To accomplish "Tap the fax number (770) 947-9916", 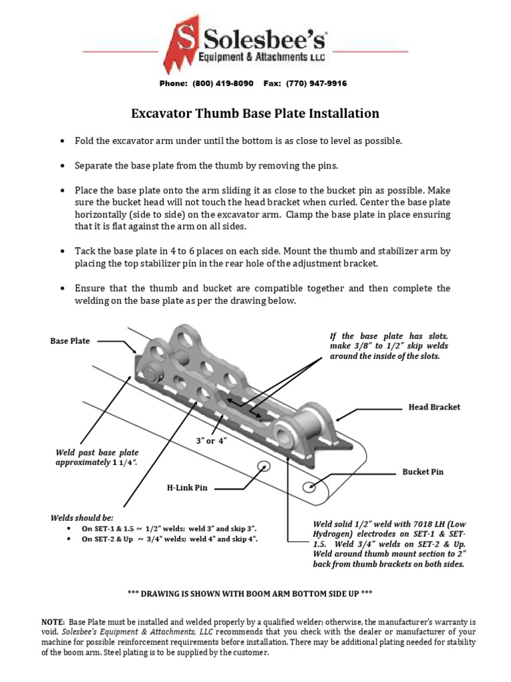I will click(x=316, y=83).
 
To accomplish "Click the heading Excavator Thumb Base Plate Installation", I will click(x=255, y=113).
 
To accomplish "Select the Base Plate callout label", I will click(x=70, y=341).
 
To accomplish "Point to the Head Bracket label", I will click(x=434, y=406).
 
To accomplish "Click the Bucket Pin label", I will click(x=423, y=472).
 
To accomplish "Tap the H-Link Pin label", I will click(x=187, y=488).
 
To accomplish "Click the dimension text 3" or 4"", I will click(x=212, y=442).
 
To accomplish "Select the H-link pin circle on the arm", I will click(x=262, y=466).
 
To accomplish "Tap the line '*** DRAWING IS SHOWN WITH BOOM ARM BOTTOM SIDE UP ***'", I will click(x=255, y=593).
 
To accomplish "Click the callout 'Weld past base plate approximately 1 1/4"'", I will click(x=96, y=458).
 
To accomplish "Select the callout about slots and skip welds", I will click(x=389, y=346).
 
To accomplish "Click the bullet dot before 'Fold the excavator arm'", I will click(x=62, y=142).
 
